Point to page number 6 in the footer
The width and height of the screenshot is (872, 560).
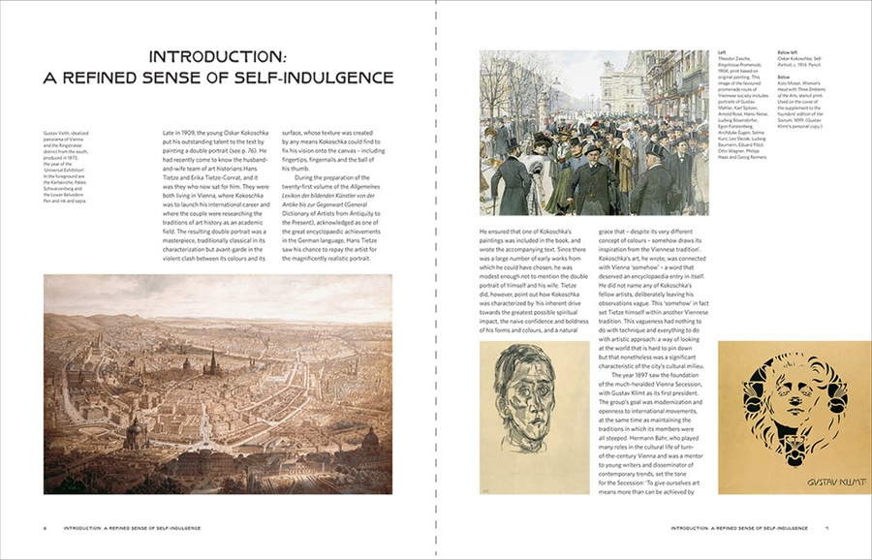pyautogui.click(x=45, y=528)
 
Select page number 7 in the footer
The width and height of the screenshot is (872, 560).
pyautogui.click(x=825, y=528)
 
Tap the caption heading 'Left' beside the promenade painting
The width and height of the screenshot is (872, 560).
pyautogui.click(x=721, y=52)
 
